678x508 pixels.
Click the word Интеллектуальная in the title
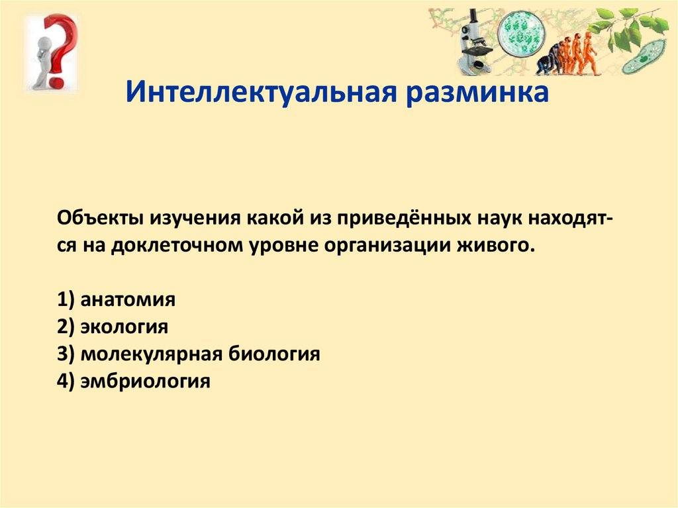261,92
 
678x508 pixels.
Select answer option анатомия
128,299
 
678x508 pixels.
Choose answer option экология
124,327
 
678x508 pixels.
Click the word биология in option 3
274,354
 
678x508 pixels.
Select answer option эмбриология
145,381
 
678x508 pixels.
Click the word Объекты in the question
100,218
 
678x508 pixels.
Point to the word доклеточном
177,246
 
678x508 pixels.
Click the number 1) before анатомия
66,299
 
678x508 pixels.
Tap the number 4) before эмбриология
66,381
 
